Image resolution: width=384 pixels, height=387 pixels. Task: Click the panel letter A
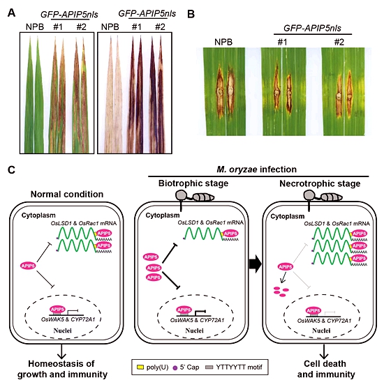tap(11, 13)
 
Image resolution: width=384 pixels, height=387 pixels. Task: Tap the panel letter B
tap(191, 15)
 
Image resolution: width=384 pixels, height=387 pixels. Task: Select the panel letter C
tap(12, 170)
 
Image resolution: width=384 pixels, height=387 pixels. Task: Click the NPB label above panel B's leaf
tap(223, 42)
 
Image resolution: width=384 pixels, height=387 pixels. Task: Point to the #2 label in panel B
tap(339, 42)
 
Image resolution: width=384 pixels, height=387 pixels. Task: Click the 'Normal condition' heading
tap(67, 195)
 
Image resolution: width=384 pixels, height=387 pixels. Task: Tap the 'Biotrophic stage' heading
tap(193, 183)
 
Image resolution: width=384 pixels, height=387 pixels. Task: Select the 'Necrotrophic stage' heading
tap(320, 183)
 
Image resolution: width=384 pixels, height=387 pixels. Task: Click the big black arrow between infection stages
tap(256, 264)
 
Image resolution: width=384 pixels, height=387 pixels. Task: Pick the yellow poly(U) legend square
tap(140, 367)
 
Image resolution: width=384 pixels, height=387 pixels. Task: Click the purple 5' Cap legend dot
tap(175, 367)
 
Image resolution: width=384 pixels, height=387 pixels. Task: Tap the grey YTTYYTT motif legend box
tap(209, 367)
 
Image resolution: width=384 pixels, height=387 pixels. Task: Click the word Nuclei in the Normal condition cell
tap(63, 331)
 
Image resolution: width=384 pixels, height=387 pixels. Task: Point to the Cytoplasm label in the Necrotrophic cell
tap(288, 216)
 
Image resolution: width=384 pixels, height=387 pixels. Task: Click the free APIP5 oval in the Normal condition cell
tap(28, 266)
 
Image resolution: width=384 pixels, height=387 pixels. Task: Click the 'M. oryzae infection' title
tap(256, 169)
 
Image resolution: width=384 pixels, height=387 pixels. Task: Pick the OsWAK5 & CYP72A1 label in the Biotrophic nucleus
tap(197, 320)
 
